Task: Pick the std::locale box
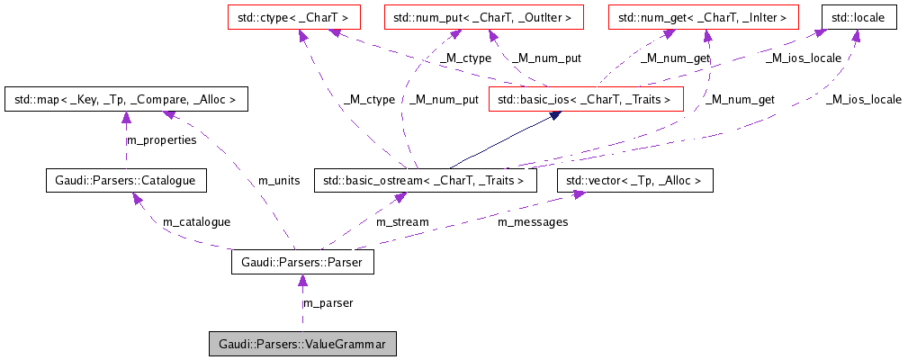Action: pos(859,16)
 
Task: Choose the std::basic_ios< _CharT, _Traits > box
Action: pos(586,99)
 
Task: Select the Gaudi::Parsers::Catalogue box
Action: pos(126,181)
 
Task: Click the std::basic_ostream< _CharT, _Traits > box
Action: pos(425,181)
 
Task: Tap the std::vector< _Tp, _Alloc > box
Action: pos(635,181)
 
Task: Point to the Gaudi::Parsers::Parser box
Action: pos(301,263)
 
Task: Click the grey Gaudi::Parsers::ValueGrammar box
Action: pos(301,344)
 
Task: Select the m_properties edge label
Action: pos(160,140)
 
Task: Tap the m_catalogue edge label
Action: pos(196,221)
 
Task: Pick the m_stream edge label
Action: pos(402,221)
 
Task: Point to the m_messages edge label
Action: pos(533,221)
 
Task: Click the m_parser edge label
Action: pos(328,303)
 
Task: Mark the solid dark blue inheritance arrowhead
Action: pos(558,115)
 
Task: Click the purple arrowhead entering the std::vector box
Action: pos(572,196)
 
